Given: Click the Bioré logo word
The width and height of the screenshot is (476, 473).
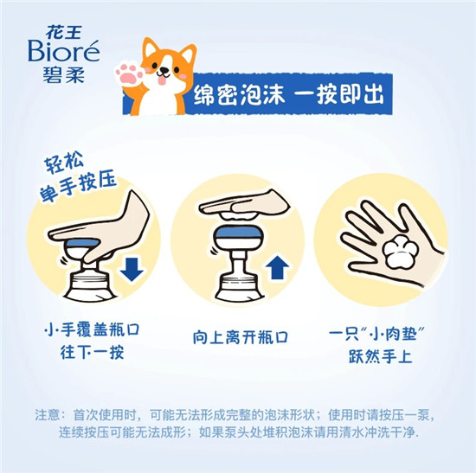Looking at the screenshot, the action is click(x=64, y=51).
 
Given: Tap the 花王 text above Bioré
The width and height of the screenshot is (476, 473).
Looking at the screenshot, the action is click(x=64, y=32).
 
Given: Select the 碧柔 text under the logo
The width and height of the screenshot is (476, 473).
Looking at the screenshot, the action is click(x=64, y=74).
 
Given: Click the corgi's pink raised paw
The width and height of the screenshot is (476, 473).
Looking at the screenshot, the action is click(x=129, y=73).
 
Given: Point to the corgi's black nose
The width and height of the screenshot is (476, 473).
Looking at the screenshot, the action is click(x=164, y=70).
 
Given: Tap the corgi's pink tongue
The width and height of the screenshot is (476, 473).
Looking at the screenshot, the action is click(x=163, y=80).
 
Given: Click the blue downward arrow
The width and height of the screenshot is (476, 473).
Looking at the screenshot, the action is click(x=132, y=269).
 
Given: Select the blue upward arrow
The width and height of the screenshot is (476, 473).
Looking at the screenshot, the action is click(x=277, y=267).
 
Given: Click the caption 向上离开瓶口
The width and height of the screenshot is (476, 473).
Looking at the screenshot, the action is click(x=241, y=337).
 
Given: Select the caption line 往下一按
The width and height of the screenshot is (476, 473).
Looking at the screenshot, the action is click(x=92, y=352).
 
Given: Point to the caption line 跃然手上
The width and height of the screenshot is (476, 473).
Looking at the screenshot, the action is click(x=380, y=356).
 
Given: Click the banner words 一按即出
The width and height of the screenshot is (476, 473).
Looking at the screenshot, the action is click(x=339, y=94).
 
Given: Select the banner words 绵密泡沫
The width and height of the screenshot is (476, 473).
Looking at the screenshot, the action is click(x=240, y=94).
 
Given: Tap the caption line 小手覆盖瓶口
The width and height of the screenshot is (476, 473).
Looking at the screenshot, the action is click(x=92, y=329).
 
